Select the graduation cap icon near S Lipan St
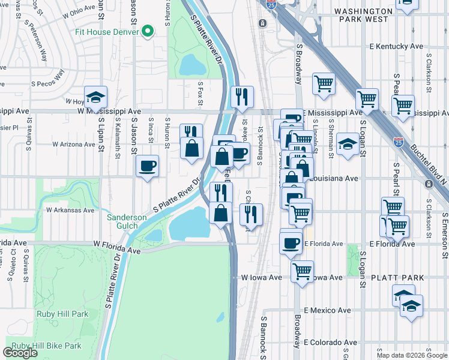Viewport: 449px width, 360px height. (x=95, y=97)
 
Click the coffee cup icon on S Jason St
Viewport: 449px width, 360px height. (x=147, y=166)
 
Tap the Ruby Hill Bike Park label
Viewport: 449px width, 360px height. (x=46, y=346)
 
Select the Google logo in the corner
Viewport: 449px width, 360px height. (x=20, y=353)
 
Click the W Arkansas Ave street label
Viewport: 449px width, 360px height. (x=70, y=210)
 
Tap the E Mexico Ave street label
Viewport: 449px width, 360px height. (x=327, y=310)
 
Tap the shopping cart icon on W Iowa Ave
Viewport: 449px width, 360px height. (x=303, y=271)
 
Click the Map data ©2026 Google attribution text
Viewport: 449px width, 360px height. (x=412, y=355)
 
